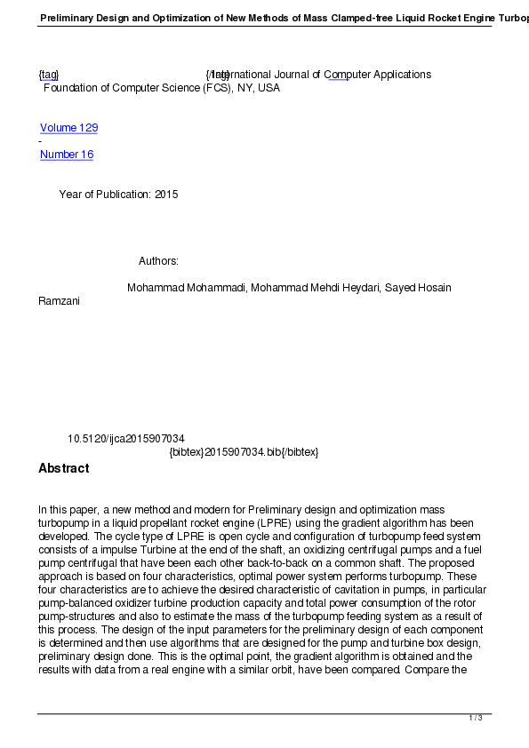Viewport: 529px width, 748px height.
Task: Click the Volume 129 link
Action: tap(68, 128)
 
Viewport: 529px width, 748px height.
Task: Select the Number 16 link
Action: tap(67, 155)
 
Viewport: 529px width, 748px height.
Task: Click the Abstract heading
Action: tap(63, 468)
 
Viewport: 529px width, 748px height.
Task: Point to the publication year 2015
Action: tap(166, 195)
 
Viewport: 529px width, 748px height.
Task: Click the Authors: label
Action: tap(158, 261)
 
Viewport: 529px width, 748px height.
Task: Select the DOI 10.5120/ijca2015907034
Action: tap(126, 439)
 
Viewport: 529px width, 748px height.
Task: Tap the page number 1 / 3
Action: tap(476, 718)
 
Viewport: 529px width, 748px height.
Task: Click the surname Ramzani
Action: tap(59, 301)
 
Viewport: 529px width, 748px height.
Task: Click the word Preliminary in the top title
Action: tap(69, 17)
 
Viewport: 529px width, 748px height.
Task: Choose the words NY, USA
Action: tap(257, 88)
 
